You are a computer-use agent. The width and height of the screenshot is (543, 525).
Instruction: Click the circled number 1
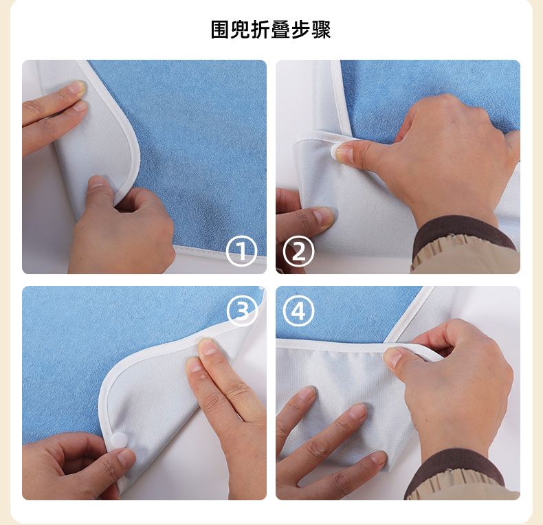(241, 251)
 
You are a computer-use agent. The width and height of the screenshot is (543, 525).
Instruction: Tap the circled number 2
(298, 251)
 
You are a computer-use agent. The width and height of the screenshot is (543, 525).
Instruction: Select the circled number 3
(243, 311)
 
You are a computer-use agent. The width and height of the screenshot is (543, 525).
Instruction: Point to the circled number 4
(298, 311)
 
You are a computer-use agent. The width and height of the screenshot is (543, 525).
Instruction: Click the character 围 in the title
(220, 30)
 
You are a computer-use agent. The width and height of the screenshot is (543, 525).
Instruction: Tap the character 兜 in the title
(241, 30)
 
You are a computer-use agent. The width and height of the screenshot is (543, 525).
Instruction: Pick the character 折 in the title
(261, 30)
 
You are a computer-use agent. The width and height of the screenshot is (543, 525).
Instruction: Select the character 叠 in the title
(280, 30)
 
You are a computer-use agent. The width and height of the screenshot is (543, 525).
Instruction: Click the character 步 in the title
(300, 30)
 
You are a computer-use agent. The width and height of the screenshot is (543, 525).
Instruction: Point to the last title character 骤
(322, 30)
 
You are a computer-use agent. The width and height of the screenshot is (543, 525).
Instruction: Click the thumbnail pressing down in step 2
(344, 153)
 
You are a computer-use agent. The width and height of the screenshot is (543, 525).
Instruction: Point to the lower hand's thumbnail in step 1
(96, 181)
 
